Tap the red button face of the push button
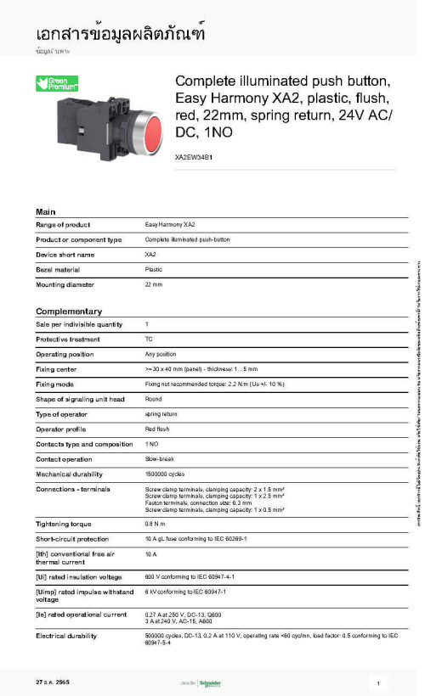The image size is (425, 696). click(146, 132)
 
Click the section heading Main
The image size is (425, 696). click(46, 210)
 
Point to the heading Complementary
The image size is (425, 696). click(69, 311)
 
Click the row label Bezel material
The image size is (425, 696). click(64, 269)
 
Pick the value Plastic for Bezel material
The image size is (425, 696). click(154, 269)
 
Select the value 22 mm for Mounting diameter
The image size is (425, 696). click(154, 284)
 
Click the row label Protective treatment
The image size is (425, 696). click(70, 340)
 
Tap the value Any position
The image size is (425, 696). click(161, 354)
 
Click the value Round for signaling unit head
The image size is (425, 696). click(153, 399)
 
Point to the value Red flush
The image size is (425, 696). click(157, 429)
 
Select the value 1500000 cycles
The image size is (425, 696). click(166, 474)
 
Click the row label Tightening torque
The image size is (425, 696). click(64, 524)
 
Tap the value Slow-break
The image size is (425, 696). click(159, 459)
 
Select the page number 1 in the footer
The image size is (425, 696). click(376, 683)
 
